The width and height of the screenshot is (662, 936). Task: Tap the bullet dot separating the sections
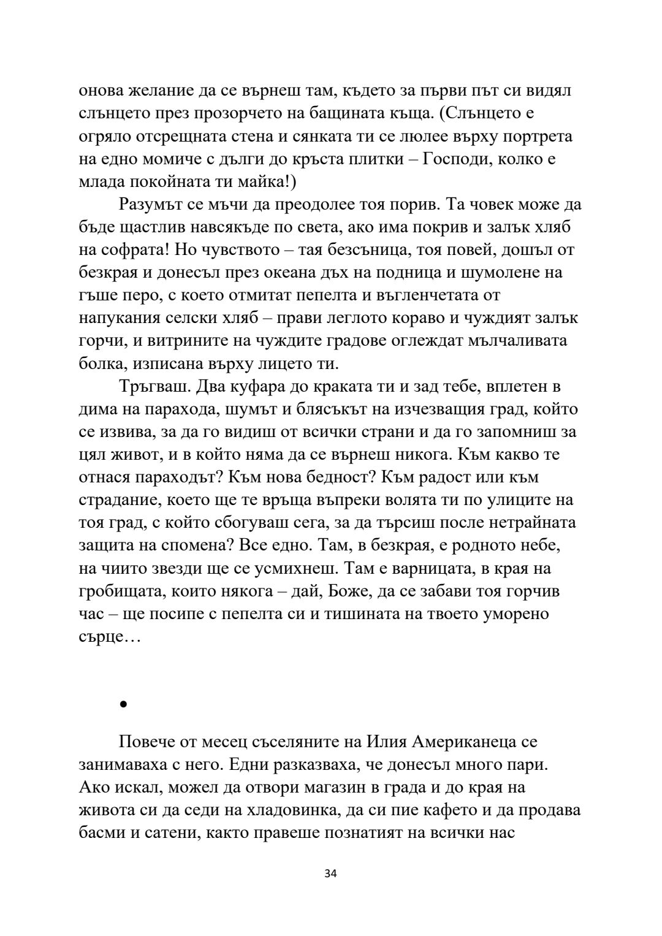[x=123, y=705]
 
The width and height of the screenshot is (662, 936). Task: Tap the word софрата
[x=126, y=249]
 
